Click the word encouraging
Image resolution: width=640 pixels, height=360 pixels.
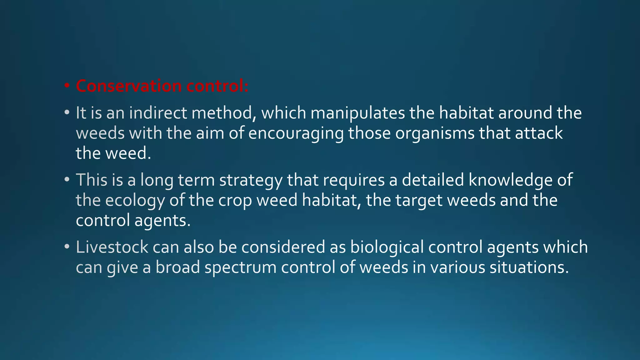point(296,133)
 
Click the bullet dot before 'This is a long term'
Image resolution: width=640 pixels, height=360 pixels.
point(67,180)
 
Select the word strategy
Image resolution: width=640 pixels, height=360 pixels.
point(251,180)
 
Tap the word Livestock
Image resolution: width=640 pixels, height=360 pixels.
point(112,247)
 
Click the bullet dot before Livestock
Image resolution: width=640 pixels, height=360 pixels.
point(67,247)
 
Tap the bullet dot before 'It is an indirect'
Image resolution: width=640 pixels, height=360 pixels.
point(67,112)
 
